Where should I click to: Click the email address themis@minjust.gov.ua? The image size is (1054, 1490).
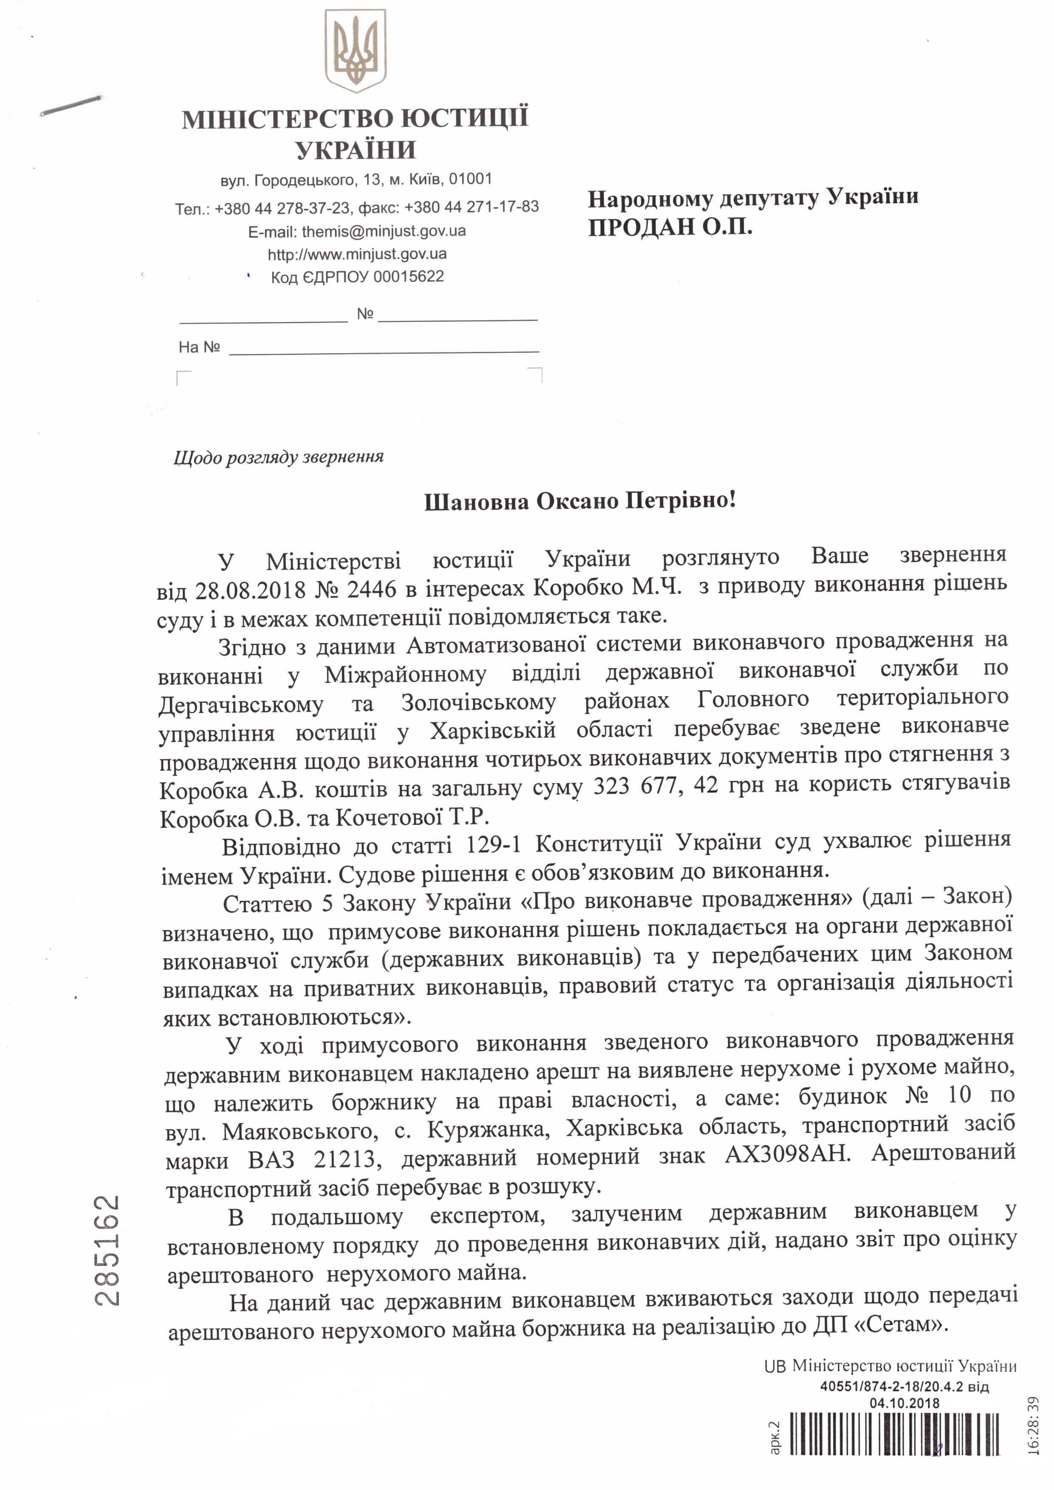click(x=384, y=231)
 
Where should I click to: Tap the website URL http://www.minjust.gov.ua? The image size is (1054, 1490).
click(x=357, y=254)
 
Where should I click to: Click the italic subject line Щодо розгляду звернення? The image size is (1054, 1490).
click(x=279, y=458)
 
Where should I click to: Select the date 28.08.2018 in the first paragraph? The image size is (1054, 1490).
click(x=250, y=590)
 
